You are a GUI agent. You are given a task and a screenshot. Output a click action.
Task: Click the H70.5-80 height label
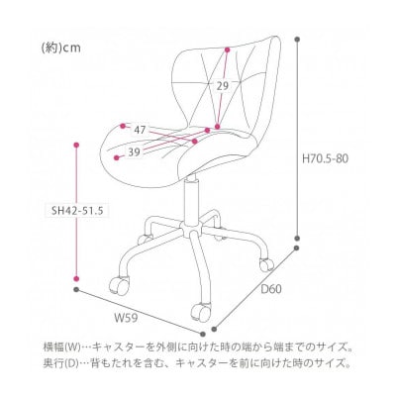(x=325, y=159)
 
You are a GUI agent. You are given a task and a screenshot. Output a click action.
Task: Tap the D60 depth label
(x=271, y=290)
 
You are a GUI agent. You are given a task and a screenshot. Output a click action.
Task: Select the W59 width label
(x=126, y=319)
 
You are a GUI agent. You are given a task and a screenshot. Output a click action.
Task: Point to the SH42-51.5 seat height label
(x=76, y=211)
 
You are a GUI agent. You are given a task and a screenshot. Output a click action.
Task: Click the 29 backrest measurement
(x=223, y=86)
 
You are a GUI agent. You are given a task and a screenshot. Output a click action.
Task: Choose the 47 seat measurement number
(x=140, y=130)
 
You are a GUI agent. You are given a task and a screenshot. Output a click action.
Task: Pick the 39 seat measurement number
(x=134, y=152)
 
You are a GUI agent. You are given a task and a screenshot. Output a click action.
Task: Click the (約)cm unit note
(x=61, y=49)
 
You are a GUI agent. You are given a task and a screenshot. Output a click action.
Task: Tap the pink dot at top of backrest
(x=227, y=49)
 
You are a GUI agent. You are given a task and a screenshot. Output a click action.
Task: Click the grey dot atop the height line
(x=298, y=40)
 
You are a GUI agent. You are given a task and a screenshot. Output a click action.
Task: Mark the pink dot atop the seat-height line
(x=76, y=145)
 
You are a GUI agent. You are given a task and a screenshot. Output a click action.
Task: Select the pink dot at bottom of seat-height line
(x=76, y=279)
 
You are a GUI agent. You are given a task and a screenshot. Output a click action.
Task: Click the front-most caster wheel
(x=201, y=310)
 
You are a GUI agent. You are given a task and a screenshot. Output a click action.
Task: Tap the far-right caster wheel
(x=266, y=264)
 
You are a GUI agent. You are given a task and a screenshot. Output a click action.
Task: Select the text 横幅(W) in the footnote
(x=61, y=347)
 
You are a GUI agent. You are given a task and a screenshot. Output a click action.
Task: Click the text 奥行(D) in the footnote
(x=59, y=364)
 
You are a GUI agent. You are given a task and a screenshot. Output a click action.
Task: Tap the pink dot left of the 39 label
(x=116, y=158)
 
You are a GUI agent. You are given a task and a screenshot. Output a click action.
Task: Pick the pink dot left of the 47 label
(x=123, y=126)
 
